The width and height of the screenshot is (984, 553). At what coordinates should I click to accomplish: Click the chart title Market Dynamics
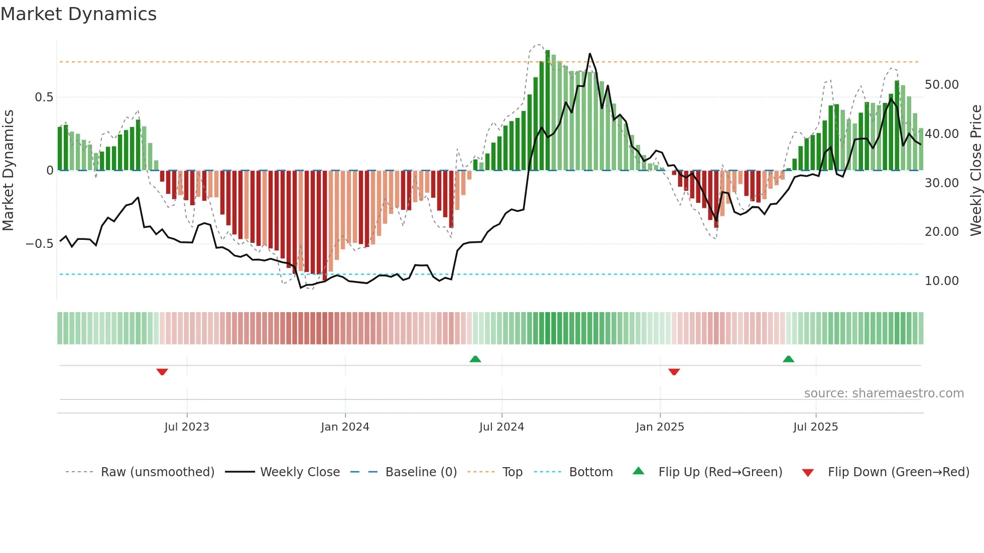[x=78, y=14]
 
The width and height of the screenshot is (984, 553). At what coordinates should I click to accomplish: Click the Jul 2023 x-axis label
[x=187, y=427]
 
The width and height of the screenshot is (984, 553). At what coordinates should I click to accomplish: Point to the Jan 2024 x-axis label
[x=345, y=427]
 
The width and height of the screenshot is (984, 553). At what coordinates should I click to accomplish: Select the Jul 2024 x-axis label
[x=502, y=427]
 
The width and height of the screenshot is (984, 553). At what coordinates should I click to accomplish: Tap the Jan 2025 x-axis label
[x=660, y=427]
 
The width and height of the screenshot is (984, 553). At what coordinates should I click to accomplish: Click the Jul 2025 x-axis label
[x=816, y=427]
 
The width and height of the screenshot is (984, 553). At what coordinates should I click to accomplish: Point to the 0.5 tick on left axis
[x=44, y=97]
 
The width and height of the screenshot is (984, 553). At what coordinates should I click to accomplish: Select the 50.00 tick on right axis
[x=941, y=85]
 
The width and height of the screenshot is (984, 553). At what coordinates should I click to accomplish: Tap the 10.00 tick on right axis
[x=941, y=281]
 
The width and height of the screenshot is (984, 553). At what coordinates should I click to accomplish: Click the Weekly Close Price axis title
[x=975, y=171]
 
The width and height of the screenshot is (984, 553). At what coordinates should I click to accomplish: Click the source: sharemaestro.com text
[x=884, y=393]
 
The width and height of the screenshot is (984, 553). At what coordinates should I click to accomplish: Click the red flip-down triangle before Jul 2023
[x=162, y=372]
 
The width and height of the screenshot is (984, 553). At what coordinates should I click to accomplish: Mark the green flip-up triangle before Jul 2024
[x=475, y=359]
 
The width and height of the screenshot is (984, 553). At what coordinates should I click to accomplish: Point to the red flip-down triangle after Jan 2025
[x=674, y=372]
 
